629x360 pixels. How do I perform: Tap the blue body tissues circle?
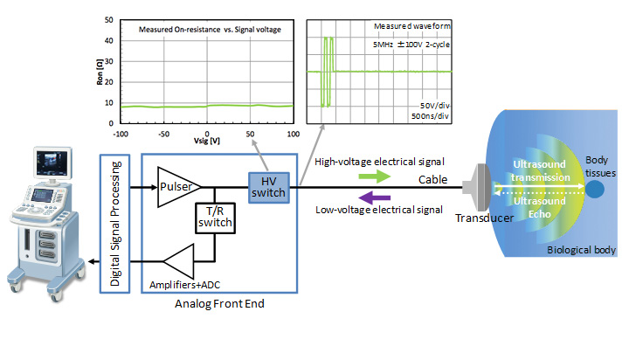595,188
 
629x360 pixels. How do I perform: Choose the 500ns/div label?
429,116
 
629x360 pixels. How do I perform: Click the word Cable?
432,180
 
